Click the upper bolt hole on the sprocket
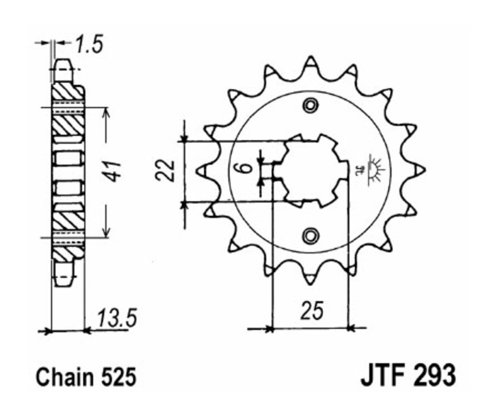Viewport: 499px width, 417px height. (310, 105)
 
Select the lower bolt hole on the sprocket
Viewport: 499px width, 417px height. (310, 235)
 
